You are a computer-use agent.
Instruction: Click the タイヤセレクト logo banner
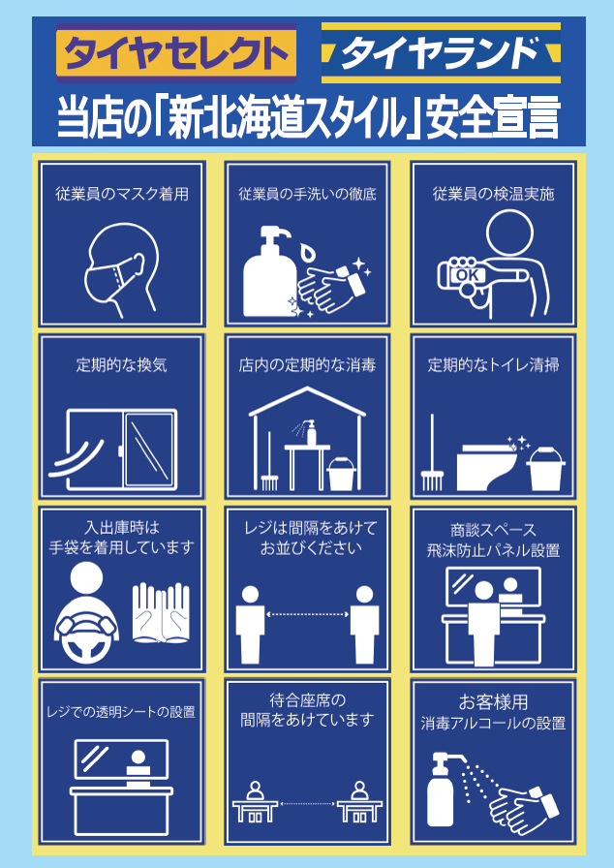pyautogui.click(x=176, y=53)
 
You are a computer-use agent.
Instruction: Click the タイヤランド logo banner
pyautogui.click(x=441, y=53)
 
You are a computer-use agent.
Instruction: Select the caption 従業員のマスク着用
pyautogui.click(x=122, y=194)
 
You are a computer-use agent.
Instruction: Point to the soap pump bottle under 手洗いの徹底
pyautogui.click(x=269, y=271)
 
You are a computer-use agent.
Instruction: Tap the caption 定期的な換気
pyautogui.click(x=122, y=365)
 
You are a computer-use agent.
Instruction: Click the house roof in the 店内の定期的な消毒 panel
pyautogui.click(x=307, y=401)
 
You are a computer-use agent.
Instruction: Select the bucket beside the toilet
pyautogui.click(x=545, y=469)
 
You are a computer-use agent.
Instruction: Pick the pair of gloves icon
pyautogui.click(x=161, y=612)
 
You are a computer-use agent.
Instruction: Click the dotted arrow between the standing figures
pyautogui.click(x=308, y=614)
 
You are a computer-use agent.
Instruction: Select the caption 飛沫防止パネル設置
pyautogui.click(x=493, y=550)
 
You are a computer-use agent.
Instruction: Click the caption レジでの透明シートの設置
pyautogui.click(x=121, y=711)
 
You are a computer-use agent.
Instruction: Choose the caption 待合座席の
pyautogui.click(x=308, y=700)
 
